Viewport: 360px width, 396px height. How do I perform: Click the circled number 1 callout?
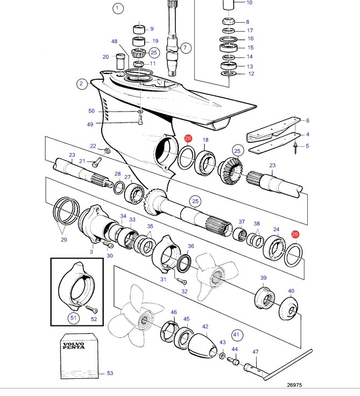(118, 8)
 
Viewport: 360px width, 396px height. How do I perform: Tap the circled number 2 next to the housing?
(81, 84)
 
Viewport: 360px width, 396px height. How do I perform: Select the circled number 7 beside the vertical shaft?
(186, 47)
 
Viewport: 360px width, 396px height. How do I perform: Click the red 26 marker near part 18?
(188, 138)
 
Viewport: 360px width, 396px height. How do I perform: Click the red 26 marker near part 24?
(295, 234)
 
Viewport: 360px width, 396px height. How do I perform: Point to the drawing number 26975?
(294, 385)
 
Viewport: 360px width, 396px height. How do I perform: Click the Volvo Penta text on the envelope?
(74, 346)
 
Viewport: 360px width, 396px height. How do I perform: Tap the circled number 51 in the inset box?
(73, 318)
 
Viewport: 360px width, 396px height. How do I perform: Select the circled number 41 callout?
(237, 335)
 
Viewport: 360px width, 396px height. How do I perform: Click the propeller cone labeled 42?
(202, 345)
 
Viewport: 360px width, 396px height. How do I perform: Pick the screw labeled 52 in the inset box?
(91, 309)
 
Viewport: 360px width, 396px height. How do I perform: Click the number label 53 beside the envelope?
(110, 373)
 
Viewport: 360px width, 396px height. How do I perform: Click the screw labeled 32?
(182, 281)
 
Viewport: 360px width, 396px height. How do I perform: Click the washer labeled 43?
(222, 356)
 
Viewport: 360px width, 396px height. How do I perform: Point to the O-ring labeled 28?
(119, 187)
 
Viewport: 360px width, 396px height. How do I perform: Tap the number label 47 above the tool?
(255, 351)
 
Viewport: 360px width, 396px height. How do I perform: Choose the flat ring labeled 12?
(229, 73)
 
